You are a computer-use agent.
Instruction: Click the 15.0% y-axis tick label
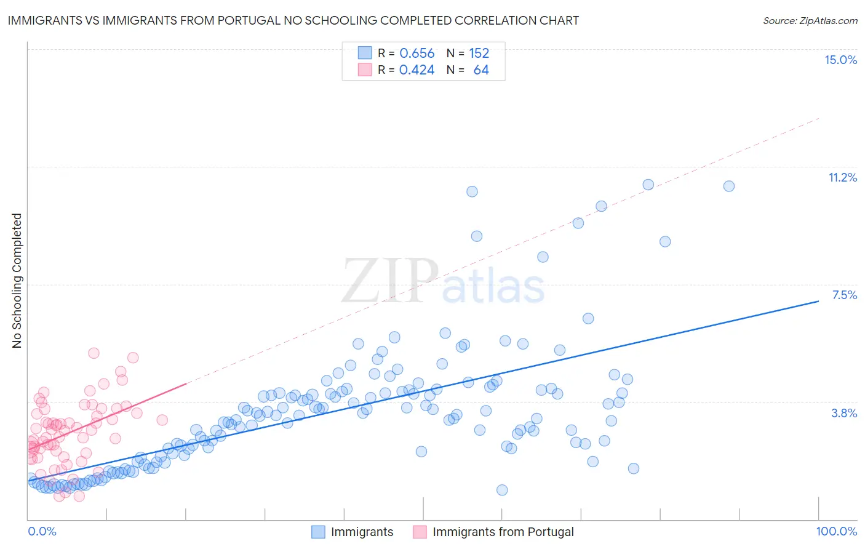pos(840,60)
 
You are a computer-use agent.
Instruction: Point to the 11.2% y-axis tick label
pos(842,177)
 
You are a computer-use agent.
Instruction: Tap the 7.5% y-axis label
pos(844,295)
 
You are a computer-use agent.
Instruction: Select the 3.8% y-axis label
pos(844,413)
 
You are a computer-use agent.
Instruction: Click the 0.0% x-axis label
pos(42,531)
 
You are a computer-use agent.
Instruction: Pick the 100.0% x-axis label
pos(836,531)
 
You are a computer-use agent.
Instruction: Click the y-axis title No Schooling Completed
pos(17,281)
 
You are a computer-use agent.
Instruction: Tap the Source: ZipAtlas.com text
pos(810,20)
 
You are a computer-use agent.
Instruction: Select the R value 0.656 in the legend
pos(417,54)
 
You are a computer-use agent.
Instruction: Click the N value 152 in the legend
pos(479,54)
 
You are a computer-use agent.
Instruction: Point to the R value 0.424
pos(417,70)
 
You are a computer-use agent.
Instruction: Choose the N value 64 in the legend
pos(481,70)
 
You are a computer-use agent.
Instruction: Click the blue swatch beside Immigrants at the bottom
pos(318,532)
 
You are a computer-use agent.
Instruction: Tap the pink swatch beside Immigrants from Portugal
pos(420,532)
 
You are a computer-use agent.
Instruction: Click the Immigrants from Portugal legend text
pos(503,532)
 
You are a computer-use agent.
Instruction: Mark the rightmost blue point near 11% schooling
pos(729,186)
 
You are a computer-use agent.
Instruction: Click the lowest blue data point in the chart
pos(502,490)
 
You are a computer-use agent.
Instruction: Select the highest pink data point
pos(94,353)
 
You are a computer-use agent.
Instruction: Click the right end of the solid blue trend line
pos(818,301)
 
